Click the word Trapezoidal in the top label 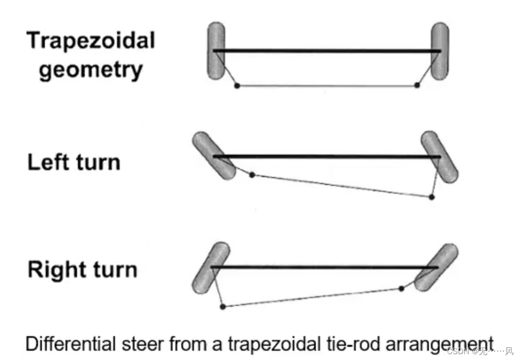click(x=91, y=40)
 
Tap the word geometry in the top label click(x=91, y=70)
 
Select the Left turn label click(x=74, y=162)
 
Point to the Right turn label click(x=82, y=270)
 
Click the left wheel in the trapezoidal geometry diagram click(x=216, y=51)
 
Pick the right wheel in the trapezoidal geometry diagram click(x=440, y=51)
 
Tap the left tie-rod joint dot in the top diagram click(x=237, y=86)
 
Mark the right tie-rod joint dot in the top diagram click(x=417, y=85)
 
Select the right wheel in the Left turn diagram click(x=440, y=157)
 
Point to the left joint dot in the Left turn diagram click(x=252, y=175)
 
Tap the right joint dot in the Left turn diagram click(x=431, y=197)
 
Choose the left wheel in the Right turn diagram click(x=211, y=268)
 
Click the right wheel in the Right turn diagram click(x=436, y=267)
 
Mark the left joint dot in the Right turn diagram click(x=223, y=307)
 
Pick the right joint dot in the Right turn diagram click(x=401, y=288)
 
